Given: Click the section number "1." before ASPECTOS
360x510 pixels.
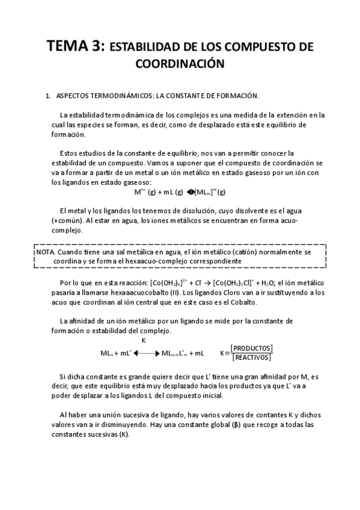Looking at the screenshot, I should click(48, 96).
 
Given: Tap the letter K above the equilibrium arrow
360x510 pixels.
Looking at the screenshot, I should click(144, 340).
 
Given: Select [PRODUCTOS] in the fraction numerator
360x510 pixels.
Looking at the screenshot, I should click(252, 348).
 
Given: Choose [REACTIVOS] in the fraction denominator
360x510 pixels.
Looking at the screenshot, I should click(252, 358).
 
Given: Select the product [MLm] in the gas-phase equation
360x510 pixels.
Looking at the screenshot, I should click(201, 192).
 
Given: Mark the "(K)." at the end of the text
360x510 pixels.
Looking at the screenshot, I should click(124, 434).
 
